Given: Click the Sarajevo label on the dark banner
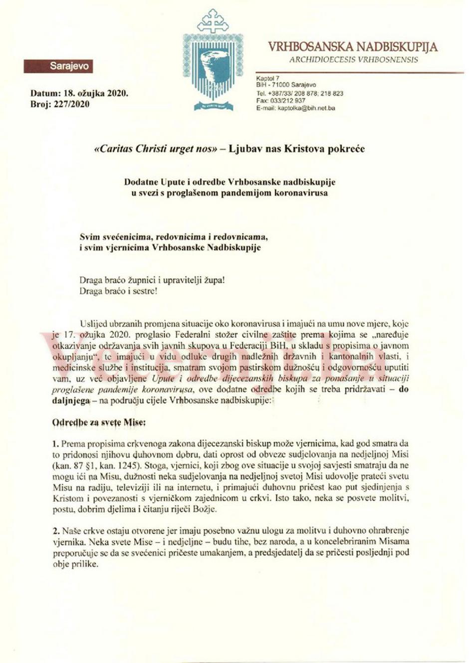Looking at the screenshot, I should click(69, 66).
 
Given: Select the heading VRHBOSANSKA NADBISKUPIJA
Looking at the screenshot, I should click(353, 47).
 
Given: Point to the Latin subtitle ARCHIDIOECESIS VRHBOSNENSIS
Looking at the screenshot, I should click(354, 60).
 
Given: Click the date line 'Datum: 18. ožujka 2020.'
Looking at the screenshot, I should click(79, 93).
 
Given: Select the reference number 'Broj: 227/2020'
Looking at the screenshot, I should click(60, 104).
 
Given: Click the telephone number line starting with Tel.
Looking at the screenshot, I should click(299, 93).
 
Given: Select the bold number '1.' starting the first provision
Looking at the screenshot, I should click(56, 443).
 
